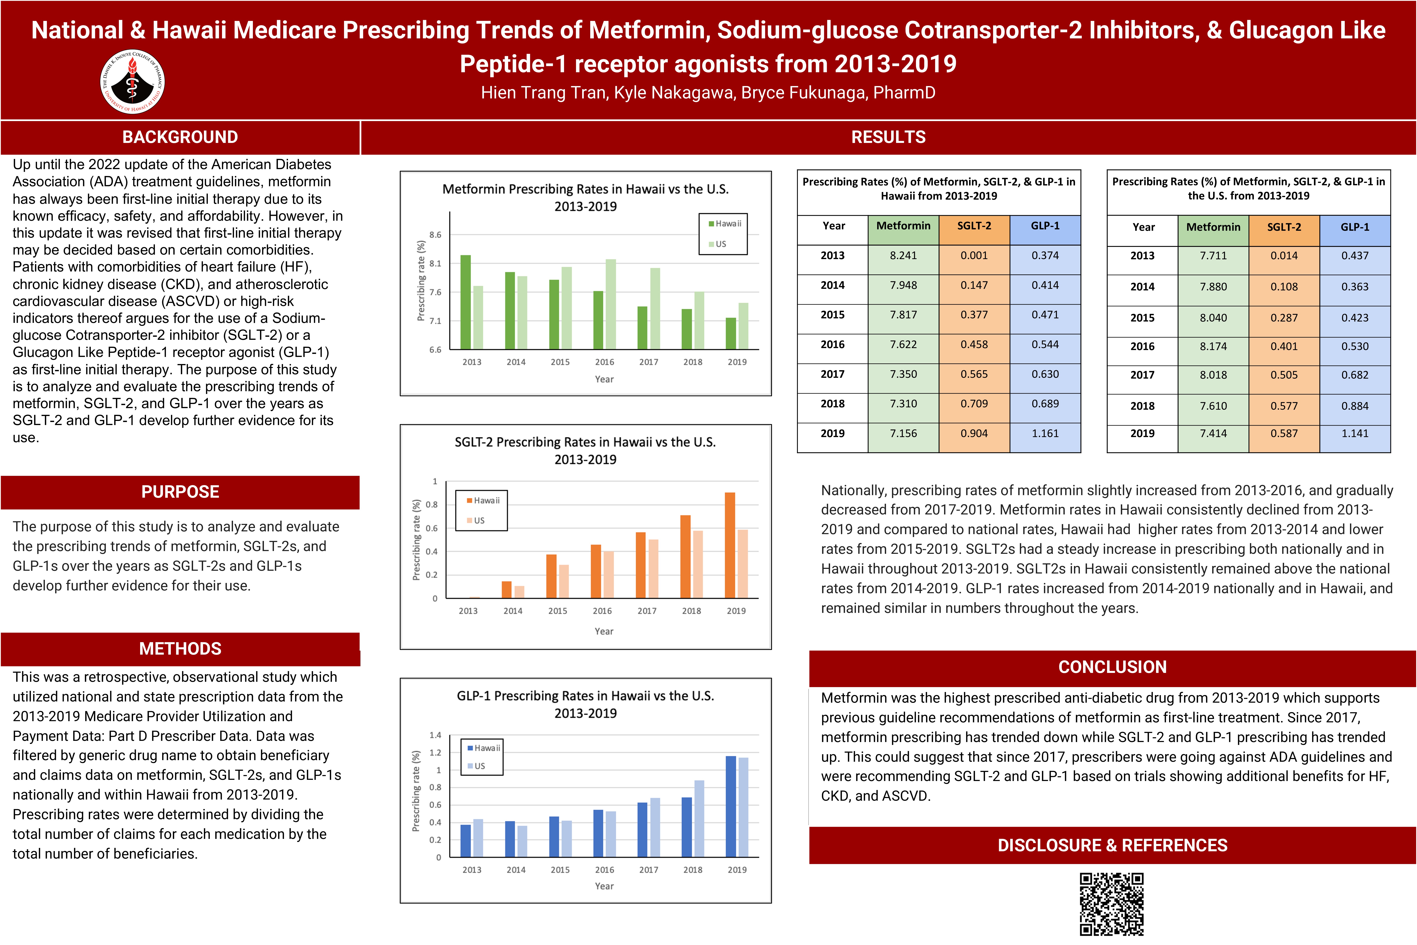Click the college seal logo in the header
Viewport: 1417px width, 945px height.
coord(132,82)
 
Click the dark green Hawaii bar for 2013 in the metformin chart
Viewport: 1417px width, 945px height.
coord(465,303)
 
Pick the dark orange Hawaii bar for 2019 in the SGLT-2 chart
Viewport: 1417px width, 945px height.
coord(730,545)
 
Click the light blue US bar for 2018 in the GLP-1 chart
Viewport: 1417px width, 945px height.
coord(699,818)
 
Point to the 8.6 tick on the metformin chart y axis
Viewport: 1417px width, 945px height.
coord(435,235)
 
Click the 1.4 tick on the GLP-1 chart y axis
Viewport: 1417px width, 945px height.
coord(435,735)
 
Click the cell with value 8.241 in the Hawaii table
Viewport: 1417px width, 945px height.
coord(903,256)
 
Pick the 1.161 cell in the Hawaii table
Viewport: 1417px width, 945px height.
coord(1045,433)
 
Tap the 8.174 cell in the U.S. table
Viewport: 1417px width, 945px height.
coord(1213,346)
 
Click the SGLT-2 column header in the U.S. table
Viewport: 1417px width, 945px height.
coord(1284,227)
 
